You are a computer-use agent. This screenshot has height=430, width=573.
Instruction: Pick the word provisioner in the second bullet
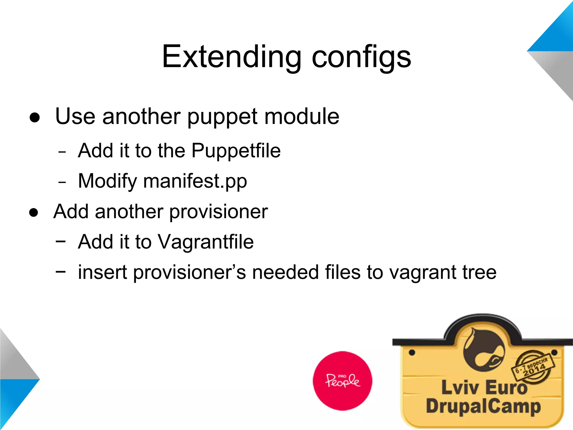(219, 212)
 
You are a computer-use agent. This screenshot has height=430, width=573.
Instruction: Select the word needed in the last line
(285, 272)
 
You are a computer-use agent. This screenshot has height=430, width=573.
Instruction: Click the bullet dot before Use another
(35, 118)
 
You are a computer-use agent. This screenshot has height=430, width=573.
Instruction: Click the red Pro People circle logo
(342, 381)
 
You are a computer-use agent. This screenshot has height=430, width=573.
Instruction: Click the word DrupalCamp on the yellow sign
(483, 406)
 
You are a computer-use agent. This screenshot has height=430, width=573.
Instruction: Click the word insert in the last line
(102, 272)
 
